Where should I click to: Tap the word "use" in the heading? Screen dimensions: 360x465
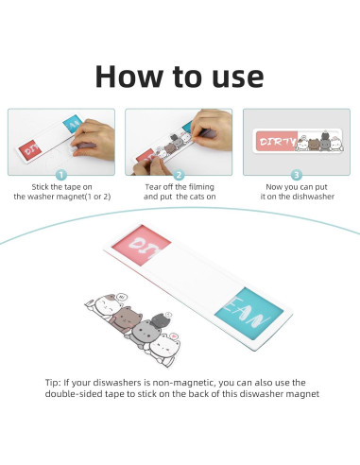[x=238, y=78]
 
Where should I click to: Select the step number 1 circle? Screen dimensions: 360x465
[x=61, y=175]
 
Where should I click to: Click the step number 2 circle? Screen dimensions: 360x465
[x=179, y=175]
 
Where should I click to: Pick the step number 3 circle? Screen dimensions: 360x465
[x=296, y=175]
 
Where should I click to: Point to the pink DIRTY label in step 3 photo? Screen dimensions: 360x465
[x=276, y=141]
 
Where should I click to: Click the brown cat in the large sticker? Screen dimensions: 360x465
[x=126, y=319]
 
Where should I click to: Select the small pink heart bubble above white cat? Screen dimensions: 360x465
[x=173, y=336]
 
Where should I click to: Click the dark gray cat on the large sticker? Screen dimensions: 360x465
[x=161, y=320]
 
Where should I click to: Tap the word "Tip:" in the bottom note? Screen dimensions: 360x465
[x=53, y=383]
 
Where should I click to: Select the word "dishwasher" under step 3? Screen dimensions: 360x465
[x=314, y=197]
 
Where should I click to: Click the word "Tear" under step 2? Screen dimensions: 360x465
[x=151, y=187]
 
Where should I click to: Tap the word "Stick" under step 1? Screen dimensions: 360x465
[x=40, y=187]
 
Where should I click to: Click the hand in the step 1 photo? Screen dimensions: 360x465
[x=93, y=139]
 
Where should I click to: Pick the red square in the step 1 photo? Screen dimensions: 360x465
[x=30, y=150]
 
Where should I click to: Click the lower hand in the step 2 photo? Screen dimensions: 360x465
[x=150, y=165]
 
